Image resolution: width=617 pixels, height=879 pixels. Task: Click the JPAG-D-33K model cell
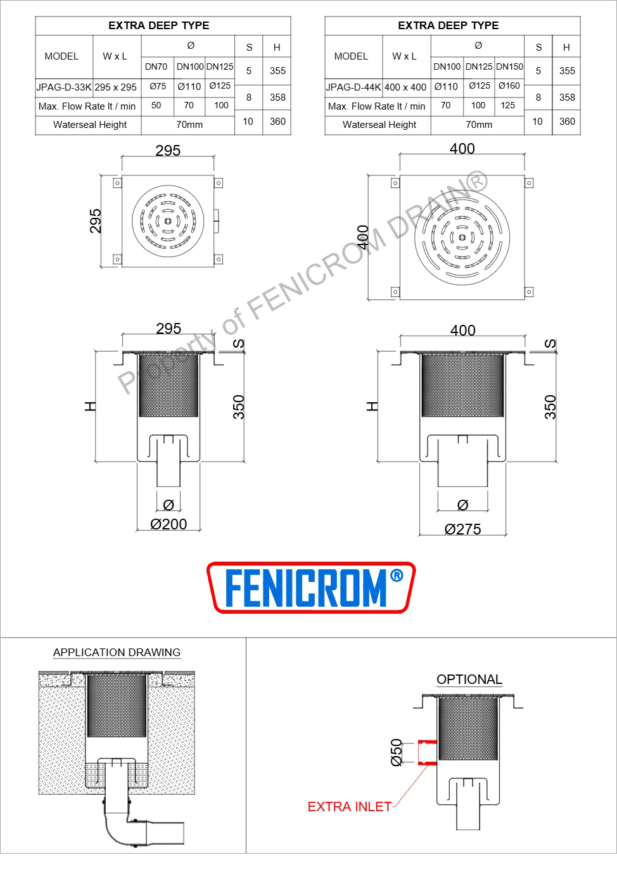point(64,87)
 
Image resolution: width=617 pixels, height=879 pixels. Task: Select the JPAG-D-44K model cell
point(353,87)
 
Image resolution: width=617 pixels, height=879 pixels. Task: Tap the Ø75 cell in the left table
point(158,86)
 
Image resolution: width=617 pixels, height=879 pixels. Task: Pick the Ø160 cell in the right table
point(509,85)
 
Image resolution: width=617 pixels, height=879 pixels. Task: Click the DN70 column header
point(156,66)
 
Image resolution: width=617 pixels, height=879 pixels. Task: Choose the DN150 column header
point(509,66)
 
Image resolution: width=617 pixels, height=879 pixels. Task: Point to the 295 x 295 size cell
point(115,87)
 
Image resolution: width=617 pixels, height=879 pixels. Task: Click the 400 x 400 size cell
point(405,87)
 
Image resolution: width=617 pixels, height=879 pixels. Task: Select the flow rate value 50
point(156,105)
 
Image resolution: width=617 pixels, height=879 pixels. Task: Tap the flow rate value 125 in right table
point(508,105)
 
